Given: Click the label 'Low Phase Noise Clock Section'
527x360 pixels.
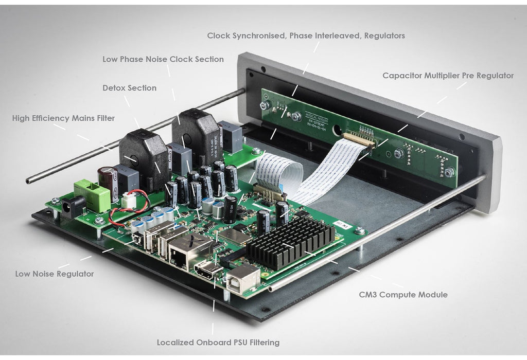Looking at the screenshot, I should tap(163, 59).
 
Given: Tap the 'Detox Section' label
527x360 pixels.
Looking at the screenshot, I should tap(129, 88).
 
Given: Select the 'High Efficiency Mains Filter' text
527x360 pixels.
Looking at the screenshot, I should tap(63, 118).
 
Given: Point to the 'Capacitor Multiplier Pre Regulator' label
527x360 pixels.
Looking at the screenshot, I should tap(448, 76).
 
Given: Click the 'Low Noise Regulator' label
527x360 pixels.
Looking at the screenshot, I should tap(55, 274).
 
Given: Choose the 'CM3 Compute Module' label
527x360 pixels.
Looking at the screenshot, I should tap(403, 295).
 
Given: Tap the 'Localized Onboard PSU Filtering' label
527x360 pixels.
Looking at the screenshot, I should tap(218, 342).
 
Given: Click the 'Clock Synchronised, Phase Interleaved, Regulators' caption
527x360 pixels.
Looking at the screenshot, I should tap(306, 36).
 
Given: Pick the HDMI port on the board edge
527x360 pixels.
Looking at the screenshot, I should tap(209, 271).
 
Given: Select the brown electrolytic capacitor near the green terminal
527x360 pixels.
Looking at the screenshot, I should tap(109, 176).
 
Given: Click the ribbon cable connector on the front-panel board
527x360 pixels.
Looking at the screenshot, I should tap(358, 140).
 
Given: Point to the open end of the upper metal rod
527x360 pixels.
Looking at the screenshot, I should tap(30, 181).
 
